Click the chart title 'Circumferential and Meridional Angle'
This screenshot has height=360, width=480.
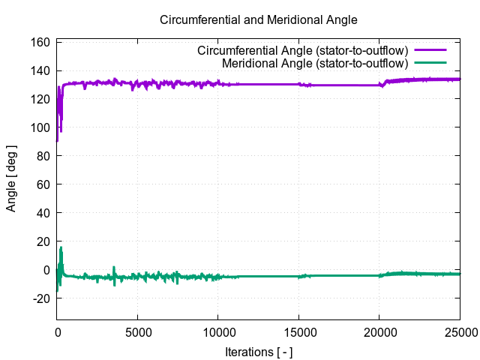coord(259,19)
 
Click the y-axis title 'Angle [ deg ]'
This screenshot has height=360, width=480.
coord(11,178)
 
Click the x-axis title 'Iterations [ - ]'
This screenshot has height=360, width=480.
coord(259,351)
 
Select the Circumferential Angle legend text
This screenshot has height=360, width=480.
coord(302,50)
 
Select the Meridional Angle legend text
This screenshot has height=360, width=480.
coord(315,62)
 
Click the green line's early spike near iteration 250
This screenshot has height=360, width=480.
coord(61,249)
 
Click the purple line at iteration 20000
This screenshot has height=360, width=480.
coord(379,85)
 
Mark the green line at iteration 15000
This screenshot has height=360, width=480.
coord(298,276)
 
